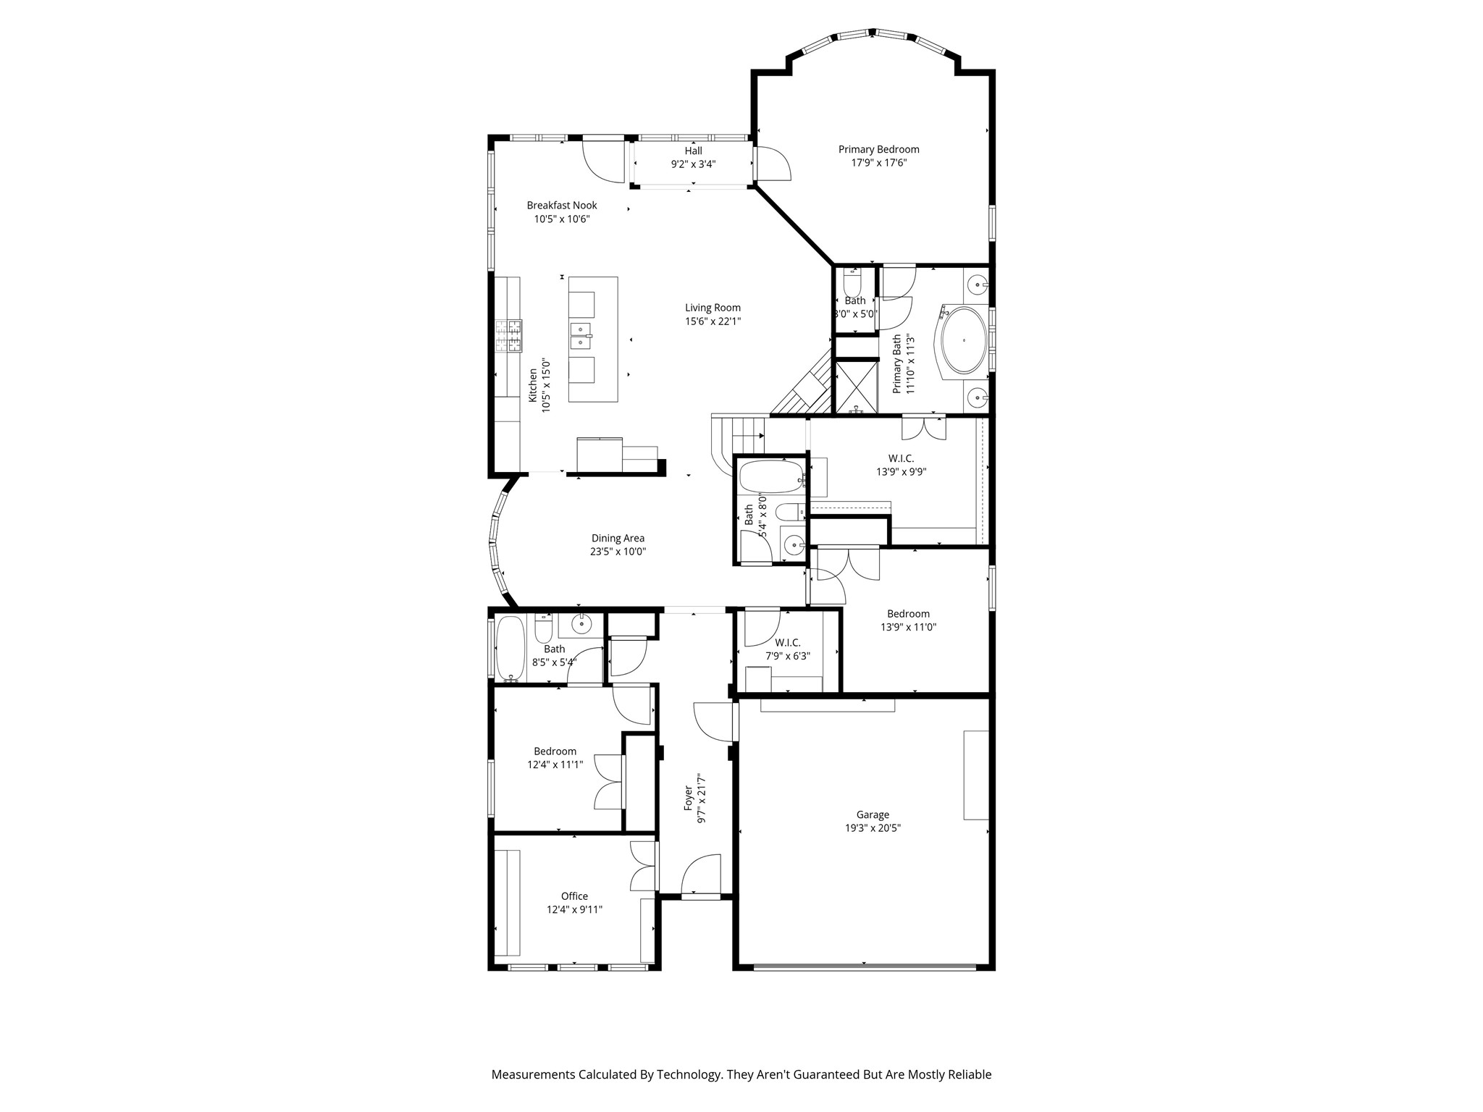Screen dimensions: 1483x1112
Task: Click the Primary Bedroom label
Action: point(878,149)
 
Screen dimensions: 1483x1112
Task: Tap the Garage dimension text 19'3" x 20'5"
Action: point(873,828)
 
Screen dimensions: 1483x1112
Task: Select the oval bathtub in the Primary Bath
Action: point(963,340)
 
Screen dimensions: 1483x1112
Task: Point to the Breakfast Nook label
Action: point(562,206)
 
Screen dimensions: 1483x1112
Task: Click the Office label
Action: point(574,896)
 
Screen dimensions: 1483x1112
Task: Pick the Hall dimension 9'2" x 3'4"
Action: point(693,164)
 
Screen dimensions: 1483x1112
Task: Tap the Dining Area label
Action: point(618,538)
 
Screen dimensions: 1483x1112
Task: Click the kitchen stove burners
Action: point(509,336)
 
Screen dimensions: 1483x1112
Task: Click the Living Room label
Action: point(713,308)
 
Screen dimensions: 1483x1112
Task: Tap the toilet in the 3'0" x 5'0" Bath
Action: point(852,280)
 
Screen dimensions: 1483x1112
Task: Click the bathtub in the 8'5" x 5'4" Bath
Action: point(511,649)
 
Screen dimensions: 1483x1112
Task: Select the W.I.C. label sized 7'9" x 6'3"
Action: point(788,643)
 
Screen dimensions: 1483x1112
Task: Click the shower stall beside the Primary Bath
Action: point(857,387)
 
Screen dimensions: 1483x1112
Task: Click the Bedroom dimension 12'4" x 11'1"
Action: point(555,764)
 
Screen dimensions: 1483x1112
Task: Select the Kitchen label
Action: point(533,385)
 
